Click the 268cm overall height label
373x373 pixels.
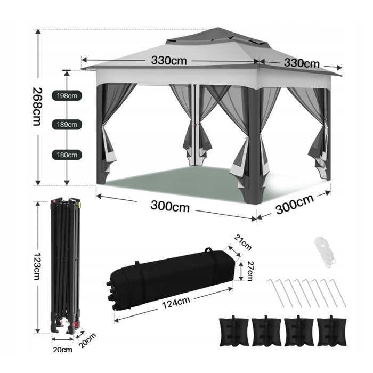pyautogui.click(x=37, y=107)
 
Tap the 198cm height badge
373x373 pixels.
pyautogui.click(x=67, y=95)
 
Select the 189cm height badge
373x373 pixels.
pyautogui.click(x=67, y=124)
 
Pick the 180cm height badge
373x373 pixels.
pyautogui.click(x=67, y=155)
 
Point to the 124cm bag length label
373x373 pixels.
pyautogui.click(x=176, y=302)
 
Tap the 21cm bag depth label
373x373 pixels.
pyautogui.click(x=242, y=242)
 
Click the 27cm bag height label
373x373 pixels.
pyautogui.click(x=249, y=271)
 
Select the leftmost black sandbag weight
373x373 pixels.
pyautogui.click(x=234, y=331)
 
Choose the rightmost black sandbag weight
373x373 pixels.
pyautogui.click(x=331, y=331)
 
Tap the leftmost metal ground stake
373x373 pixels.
pyautogui.click(x=275, y=293)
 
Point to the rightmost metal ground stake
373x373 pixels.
pyautogui.click(x=337, y=293)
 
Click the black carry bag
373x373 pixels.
pyautogui.click(x=172, y=280)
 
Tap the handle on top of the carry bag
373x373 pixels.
pyautogui.click(x=208, y=250)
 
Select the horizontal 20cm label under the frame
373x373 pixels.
pyautogui.click(x=62, y=350)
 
